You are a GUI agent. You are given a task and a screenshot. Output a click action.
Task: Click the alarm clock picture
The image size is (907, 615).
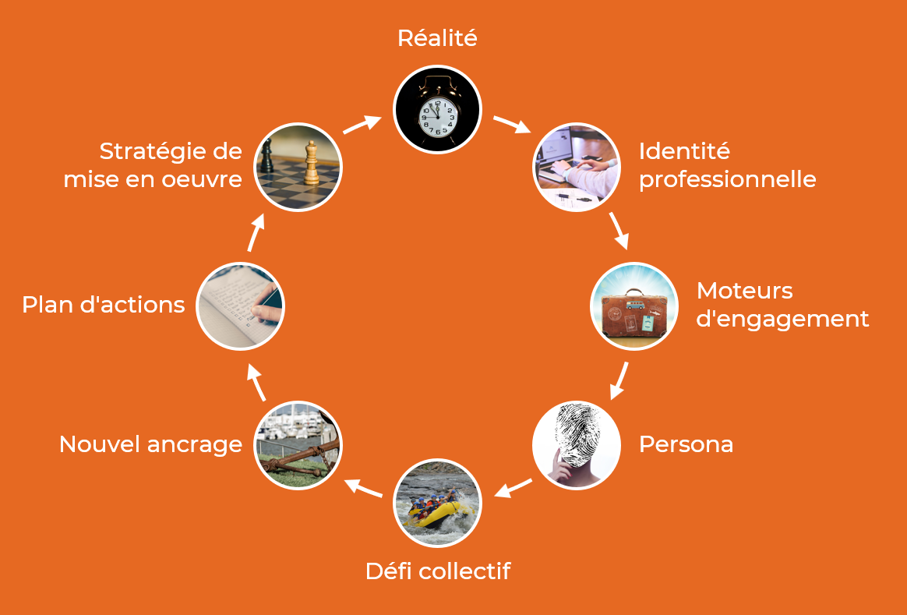[x=437, y=109]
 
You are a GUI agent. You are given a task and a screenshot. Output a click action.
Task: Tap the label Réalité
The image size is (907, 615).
[x=437, y=38]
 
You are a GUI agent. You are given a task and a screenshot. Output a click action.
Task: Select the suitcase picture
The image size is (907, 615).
[x=634, y=306]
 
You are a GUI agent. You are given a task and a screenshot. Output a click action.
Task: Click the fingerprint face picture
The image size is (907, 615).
[x=577, y=445]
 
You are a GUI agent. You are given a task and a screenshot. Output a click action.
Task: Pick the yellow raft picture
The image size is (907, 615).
[x=437, y=503]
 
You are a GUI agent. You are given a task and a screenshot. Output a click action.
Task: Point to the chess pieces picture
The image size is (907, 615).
[x=298, y=167]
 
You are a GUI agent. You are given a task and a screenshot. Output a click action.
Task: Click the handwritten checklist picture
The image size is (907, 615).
[x=240, y=306]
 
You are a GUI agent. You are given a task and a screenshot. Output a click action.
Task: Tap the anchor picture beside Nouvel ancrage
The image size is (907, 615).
[x=298, y=445]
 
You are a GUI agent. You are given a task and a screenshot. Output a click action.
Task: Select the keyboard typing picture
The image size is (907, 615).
[x=577, y=167]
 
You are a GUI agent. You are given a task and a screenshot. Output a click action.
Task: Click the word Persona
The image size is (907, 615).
[x=686, y=444]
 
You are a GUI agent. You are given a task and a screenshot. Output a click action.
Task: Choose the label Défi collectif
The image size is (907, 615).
[x=437, y=571]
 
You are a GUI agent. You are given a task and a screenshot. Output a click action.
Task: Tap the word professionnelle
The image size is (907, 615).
[x=727, y=180]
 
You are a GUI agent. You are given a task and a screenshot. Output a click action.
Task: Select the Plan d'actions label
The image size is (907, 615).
[x=103, y=305]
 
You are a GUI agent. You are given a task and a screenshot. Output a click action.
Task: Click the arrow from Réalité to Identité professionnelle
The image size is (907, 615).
[x=511, y=125]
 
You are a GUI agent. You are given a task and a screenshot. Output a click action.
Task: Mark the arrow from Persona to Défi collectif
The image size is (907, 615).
[x=513, y=489]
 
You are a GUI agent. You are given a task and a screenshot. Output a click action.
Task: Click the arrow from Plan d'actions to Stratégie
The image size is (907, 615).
[x=256, y=233]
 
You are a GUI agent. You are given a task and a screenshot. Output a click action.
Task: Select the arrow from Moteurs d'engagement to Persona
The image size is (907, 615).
[x=619, y=380]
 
